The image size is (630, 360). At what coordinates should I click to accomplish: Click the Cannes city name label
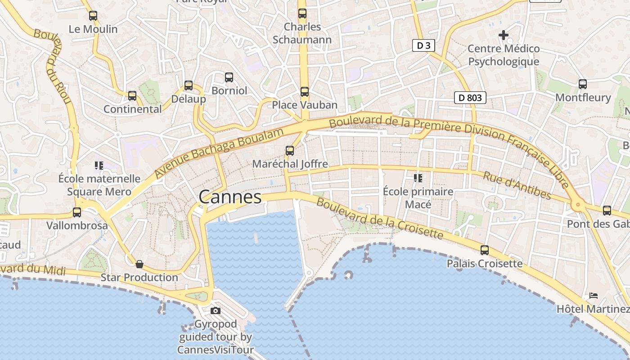(230, 197)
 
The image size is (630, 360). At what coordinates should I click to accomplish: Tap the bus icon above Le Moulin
(93, 16)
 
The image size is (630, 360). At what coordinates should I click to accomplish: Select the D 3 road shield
(423, 45)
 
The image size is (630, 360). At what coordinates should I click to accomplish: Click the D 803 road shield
(470, 97)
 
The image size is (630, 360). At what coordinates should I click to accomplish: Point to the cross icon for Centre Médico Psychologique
(504, 35)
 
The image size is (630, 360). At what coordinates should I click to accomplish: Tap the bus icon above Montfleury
(583, 84)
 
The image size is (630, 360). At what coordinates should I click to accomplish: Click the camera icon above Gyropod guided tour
(216, 310)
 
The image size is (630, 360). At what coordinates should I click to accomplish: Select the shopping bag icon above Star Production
(139, 264)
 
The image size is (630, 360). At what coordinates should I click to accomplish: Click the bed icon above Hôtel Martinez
(594, 296)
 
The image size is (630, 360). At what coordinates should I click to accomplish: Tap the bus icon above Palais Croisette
(485, 250)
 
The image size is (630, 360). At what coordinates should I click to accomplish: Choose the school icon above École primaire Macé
(418, 178)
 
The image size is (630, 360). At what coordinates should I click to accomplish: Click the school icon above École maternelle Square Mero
(99, 165)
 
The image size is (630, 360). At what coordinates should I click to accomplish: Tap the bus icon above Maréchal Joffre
(290, 150)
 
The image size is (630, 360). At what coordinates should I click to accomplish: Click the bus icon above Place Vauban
(305, 92)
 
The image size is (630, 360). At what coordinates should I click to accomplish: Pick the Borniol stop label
(229, 90)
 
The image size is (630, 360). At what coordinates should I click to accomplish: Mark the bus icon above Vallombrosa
(77, 212)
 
